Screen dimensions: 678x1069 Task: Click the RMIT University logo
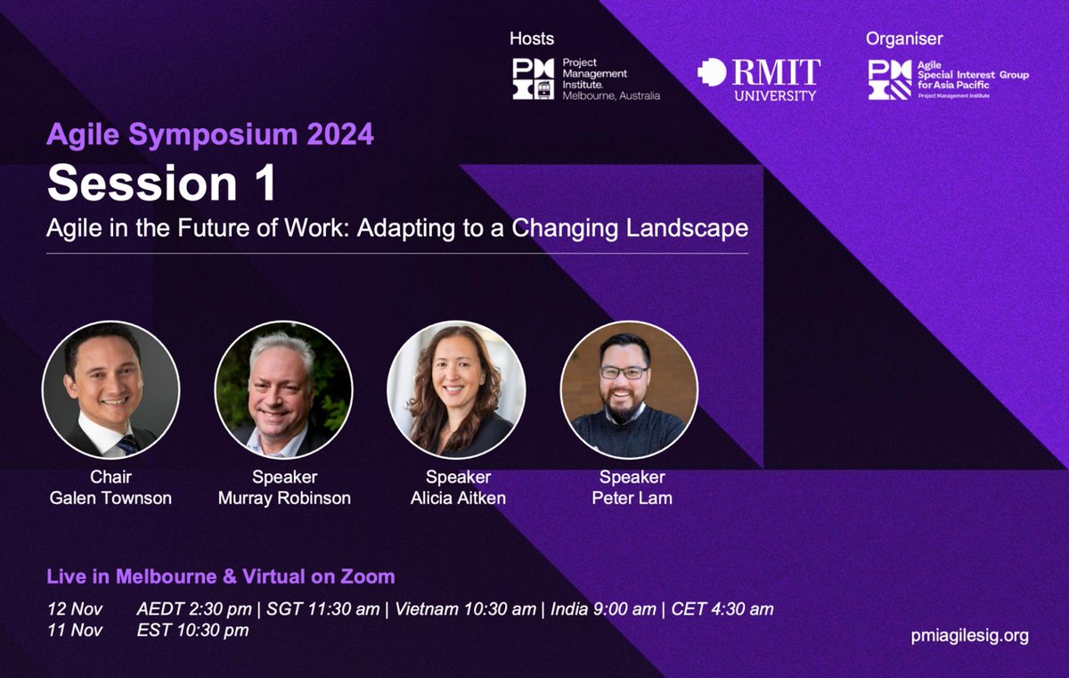click(x=758, y=78)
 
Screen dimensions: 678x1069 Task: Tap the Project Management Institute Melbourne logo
click(x=585, y=78)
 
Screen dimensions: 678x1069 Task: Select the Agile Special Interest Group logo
click(x=948, y=78)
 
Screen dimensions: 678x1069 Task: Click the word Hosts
click(x=532, y=38)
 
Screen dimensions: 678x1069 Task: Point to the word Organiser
click(x=904, y=38)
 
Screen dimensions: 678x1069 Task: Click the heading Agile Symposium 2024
click(x=210, y=135)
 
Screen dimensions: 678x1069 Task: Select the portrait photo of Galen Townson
click(x=111, y=390)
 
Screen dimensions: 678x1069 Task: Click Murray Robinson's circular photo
click(x=284, y=390)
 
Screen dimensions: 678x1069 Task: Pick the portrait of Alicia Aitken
click(x=456, y=390)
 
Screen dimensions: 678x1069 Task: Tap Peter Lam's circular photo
click(x=629, y=390)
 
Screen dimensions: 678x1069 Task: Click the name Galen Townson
click(x=111, y=498)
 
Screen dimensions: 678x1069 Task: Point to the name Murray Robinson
click(x=284, y=498)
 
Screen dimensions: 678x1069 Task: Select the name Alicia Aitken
click(x=458, y=498)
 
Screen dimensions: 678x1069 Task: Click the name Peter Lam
click(x=632, y=498)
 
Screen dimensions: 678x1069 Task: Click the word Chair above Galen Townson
click(x=111, y=478)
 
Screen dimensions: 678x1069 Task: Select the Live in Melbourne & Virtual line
click(x=221, y=576)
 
